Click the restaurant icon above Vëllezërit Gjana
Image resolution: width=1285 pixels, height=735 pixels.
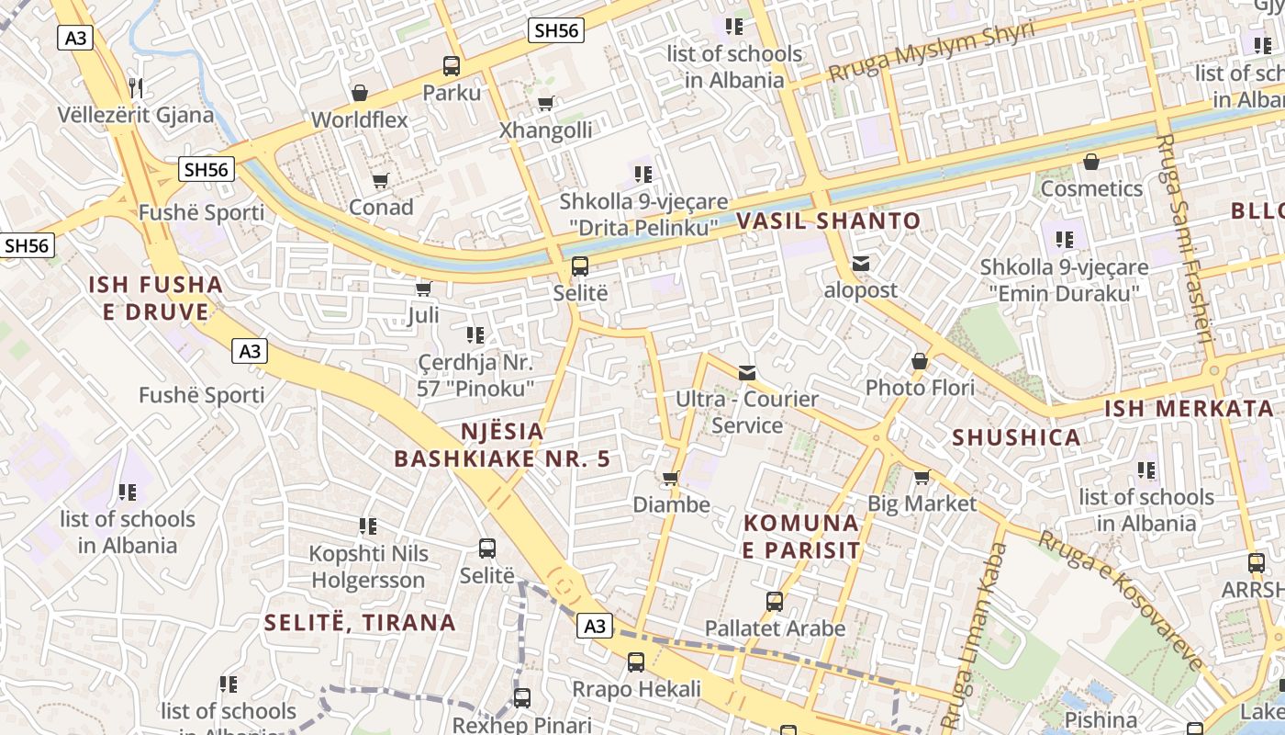137,87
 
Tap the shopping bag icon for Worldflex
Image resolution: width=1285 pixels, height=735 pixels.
360,93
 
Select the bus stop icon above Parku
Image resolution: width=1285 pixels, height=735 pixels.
451,66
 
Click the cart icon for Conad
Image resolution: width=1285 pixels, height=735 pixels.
380,180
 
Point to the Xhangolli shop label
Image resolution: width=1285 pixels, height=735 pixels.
545,130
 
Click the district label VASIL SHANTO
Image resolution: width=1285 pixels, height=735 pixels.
828,220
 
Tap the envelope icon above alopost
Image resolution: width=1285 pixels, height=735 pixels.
860,264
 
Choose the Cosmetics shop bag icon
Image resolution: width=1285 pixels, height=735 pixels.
1091,163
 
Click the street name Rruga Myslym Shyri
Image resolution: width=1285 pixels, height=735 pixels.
931,51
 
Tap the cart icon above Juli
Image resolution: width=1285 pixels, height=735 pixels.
423,289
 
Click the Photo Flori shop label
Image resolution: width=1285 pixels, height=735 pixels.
920,388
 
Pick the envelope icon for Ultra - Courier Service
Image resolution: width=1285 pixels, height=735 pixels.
747,372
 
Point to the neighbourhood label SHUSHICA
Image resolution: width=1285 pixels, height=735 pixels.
1016,437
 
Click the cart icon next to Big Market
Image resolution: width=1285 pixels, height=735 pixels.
922,477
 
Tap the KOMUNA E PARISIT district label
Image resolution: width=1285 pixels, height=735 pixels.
801,537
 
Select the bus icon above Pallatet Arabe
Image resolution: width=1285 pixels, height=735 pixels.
775,602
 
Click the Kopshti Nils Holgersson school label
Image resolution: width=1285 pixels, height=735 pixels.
368,567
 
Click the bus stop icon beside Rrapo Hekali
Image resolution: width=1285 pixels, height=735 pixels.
636,661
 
